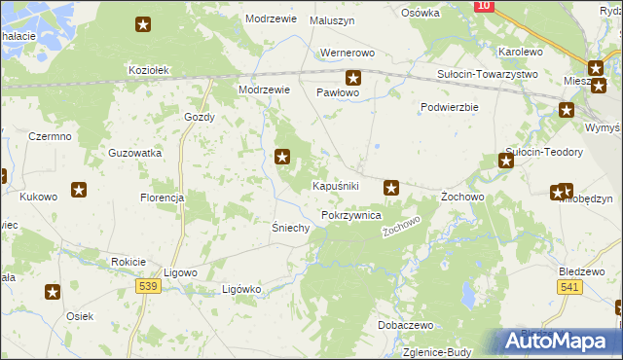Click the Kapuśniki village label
click(337, 186)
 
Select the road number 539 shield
click(148, 286)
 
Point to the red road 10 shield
click(484, 6)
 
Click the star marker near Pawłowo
click(353, 78)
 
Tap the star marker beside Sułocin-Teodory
click(506, 161)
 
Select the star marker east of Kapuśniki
click(391, 187)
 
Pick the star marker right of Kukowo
click(79, 190)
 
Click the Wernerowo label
click(348, 54)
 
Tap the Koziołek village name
click(150, 70)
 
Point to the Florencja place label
click(162, 198)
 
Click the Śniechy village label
click(289, 228)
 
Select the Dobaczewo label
click(407, 325)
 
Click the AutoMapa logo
click(556, 341)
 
